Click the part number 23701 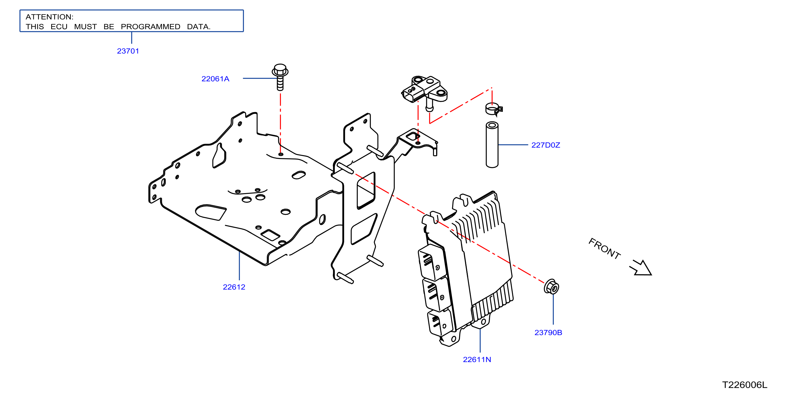tap(128, 51)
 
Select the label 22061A tap(215, 79)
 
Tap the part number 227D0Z tap(545, 145)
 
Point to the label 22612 tap(234, 287)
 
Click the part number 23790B tap(548, 333)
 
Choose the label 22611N tap(477, 360)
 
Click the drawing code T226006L tap(744, 385)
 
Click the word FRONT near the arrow tap(604, 249)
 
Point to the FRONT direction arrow tap(641, 268)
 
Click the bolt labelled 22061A tap(280, 77)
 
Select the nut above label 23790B tap(551, 287)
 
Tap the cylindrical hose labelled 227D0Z tap(492, 145)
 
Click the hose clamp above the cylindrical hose tap(493, 109)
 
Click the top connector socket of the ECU tap(432, 262)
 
